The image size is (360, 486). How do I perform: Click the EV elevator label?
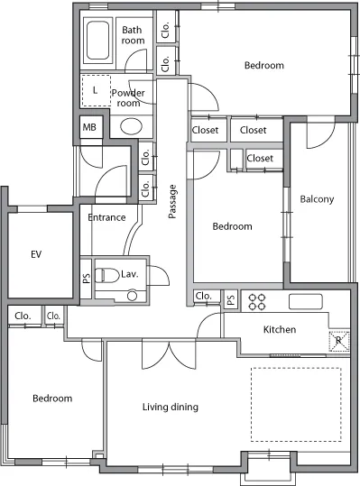coord(36,254)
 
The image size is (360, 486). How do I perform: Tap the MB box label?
coord(89,127)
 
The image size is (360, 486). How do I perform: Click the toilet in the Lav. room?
coord(107,275)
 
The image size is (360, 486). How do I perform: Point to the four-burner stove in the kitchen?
coord(257,302)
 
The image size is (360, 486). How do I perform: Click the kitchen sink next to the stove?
coord(306,301)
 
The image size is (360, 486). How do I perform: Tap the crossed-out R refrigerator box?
coord(339,341)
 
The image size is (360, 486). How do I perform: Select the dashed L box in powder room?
coord(97,90)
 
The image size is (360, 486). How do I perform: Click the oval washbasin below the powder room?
coord(131,126)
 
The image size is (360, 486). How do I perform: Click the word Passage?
coord(172,201)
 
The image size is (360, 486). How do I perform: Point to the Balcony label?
coord(317,199)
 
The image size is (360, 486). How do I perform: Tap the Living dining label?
coord(171,407)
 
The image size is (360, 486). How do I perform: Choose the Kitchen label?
coord(280,329)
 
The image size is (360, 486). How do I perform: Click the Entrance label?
coord(106,217)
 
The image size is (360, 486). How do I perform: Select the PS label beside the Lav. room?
coord(87,278)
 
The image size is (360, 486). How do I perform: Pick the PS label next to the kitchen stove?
coord(231,299)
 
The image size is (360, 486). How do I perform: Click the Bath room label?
coord(133,35)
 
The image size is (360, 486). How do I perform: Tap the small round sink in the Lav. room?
coord(133,296)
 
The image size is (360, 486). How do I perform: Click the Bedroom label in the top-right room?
coord(264,66)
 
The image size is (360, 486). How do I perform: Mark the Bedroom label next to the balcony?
coord(232,226)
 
